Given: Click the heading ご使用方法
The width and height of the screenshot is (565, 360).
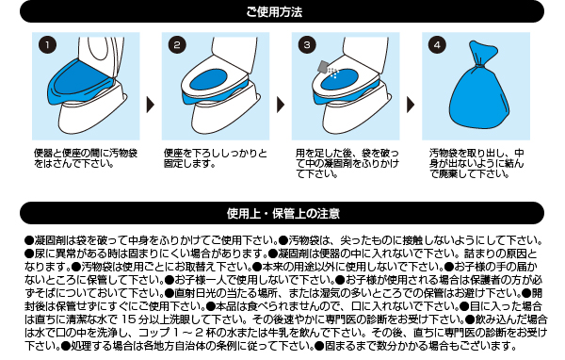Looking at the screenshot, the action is point(275,12).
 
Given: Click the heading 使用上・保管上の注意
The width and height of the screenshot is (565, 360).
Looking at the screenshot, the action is point(283,213).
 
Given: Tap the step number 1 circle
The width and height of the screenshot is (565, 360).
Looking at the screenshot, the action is point(48,45).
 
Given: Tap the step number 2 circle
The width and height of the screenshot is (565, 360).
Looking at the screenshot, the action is point(177,45).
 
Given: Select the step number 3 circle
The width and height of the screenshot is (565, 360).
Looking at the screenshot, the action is point(307,45).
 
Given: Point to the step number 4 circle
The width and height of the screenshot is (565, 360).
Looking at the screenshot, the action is point(438,45).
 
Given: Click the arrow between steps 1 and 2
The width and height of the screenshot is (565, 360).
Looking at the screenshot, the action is point(151,105).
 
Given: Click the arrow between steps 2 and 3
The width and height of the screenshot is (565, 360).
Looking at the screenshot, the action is point(281,105).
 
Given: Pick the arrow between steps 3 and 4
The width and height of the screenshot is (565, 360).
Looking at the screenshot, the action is point(411,105).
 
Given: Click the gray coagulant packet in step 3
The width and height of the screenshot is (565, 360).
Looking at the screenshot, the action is point(324,67).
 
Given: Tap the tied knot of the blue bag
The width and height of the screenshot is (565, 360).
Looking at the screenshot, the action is point(479,66).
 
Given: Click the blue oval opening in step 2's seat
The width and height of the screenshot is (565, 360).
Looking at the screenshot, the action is point(208,80).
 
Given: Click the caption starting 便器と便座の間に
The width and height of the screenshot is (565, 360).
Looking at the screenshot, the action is point(86,158).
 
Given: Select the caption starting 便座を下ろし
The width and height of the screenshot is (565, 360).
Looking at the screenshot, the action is point(216,158).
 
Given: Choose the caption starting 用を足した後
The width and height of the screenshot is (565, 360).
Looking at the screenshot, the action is point(347,163).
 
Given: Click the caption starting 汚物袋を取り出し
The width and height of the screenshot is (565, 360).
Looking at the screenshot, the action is point(476,163).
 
